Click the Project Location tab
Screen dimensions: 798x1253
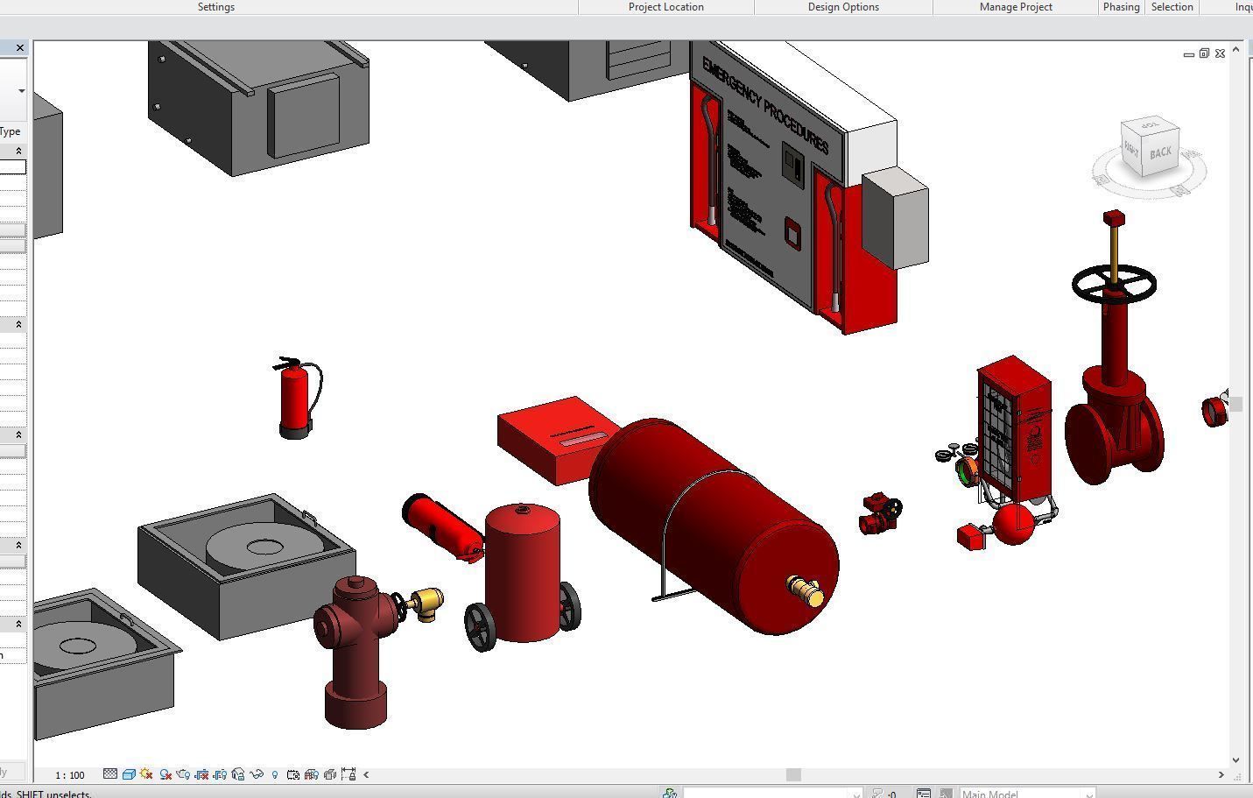665,7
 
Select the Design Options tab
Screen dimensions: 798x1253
842,7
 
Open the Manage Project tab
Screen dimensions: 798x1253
1016,7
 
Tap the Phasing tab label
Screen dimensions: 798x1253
1121,7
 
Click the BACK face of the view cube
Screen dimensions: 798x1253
1160,153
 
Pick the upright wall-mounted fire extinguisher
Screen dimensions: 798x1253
296,399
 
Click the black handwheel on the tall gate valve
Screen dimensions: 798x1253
1114,283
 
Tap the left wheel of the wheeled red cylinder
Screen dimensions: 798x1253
480,627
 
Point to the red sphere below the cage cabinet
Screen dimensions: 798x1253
1014,523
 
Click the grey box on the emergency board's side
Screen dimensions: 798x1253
894,220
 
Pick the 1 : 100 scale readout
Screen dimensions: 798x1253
70,775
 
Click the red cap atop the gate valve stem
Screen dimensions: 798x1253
1114,217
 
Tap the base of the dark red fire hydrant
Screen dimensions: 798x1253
355,704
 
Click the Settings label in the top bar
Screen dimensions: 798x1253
215,7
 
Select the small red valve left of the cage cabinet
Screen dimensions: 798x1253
880,514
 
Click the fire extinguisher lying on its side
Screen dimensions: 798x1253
441,525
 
